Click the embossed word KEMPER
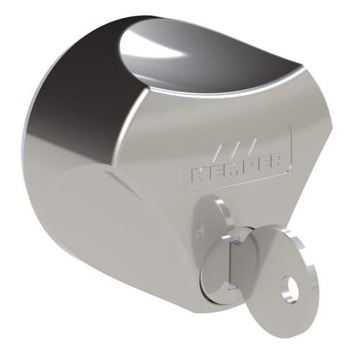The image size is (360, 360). (236, 171)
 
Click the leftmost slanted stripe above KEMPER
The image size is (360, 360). (220, 152)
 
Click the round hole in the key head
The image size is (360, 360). (289, 287)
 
